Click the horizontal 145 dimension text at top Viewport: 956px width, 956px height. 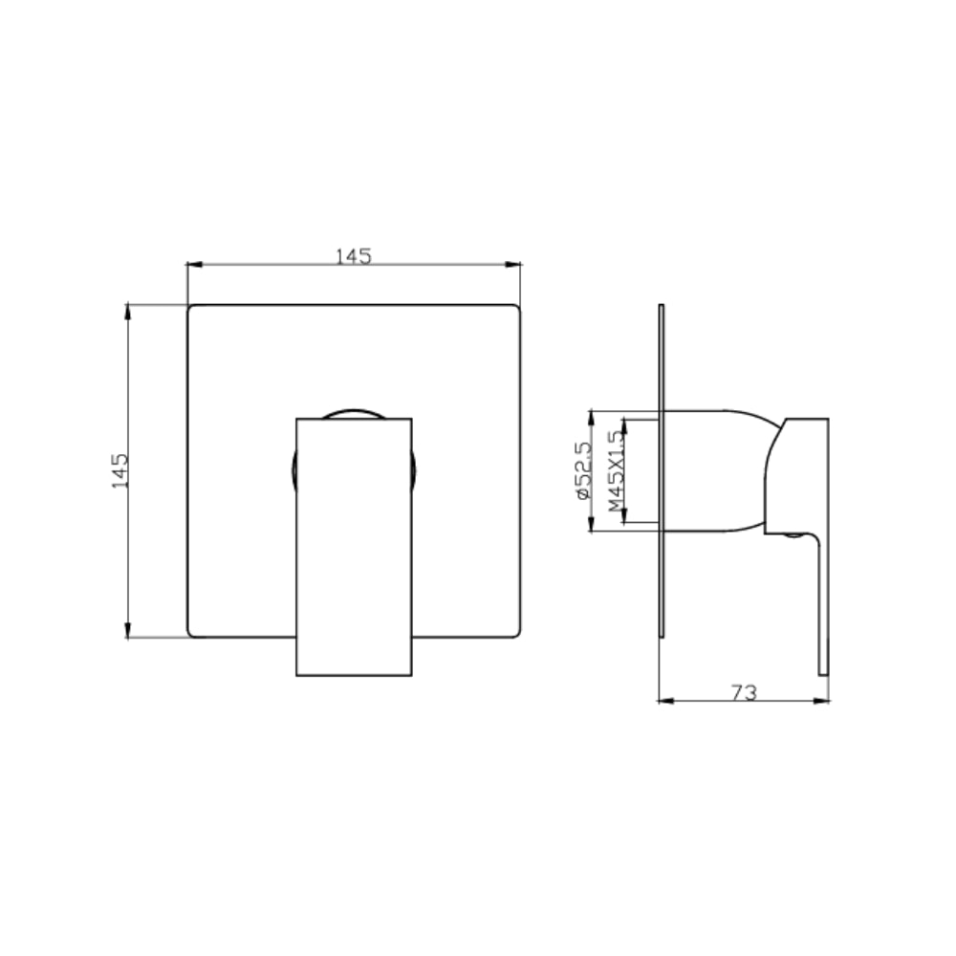[x=353, y=256]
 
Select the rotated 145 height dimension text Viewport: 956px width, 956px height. [x=120, y=470]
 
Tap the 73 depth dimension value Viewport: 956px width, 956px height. [x=743, y=692]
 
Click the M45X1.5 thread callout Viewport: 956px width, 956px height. [x=616, y=470]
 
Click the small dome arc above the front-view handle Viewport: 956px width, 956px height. [x=354, y=413]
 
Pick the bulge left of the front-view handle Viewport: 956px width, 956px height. [x=293, y=472]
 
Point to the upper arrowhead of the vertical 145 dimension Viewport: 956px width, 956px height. [x=128, y=310]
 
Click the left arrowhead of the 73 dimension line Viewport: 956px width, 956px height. [x=664, y=700]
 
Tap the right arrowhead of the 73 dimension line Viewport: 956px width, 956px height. [x=823, y=700]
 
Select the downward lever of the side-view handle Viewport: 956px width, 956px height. [x=821, y=602]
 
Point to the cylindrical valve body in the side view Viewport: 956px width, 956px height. [x=712, y=470]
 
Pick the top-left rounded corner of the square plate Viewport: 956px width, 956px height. [x=191, y=309]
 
